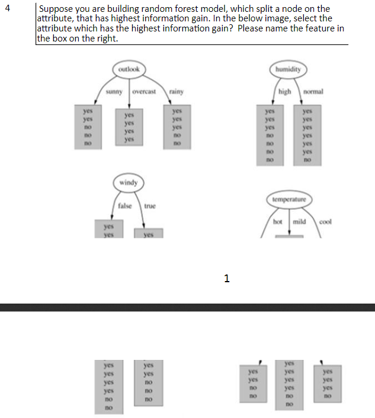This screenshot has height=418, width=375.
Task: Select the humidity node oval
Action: point(287,69)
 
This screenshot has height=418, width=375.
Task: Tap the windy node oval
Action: point(129,183)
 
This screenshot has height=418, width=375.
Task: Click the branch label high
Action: point(285,92)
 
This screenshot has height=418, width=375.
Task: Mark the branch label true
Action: point(149,206)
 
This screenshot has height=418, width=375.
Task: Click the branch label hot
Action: point(278,222)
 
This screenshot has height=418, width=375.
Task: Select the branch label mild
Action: point(298,222)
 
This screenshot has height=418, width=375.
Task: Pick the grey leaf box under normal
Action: point(307,135)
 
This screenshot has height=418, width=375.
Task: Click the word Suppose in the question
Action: point(55,9)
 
